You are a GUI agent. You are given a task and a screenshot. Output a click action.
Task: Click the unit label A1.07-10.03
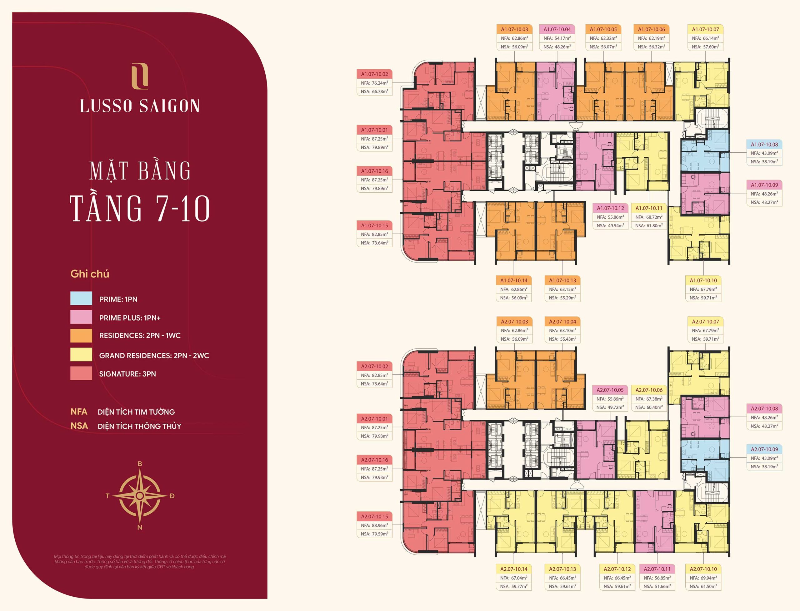pyautogui.click(x=514, y=29)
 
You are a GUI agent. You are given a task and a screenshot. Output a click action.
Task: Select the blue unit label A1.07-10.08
pyautogui.click(x=764, y=144)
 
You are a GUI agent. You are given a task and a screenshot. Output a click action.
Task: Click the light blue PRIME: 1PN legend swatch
pyautogui.click(x=81, y=298)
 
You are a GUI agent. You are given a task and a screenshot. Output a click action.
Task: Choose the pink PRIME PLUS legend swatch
pyautogui.click(x=81, y=317)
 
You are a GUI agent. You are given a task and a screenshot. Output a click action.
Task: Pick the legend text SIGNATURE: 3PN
pyautogui.click(x=127, y=374)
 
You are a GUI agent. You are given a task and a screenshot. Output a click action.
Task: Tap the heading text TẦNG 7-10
pyautogui.click(x=140, y=208)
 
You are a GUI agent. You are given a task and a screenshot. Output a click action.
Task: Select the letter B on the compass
pyautogui.click(x=140, y=464)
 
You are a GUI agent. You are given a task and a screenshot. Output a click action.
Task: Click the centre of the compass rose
pyautogui.click(x=140, y=496)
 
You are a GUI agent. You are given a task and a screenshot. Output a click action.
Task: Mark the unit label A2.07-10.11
pyautogui.click(x=657, y=569)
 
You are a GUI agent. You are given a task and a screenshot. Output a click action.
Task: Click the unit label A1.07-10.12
pyautogui.click(x=610, y=208)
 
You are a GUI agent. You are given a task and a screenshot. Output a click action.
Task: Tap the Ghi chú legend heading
pyautogui.click(x=90, y=274)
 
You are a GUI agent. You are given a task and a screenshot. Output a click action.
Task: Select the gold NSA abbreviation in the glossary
pyautogui.click(x=79, y=426)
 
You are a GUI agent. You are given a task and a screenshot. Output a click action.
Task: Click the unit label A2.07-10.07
pyautogui.click(x=705, y=322)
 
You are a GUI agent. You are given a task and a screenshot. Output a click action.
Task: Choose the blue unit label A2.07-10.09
pyautogui.click(x=764, y=449)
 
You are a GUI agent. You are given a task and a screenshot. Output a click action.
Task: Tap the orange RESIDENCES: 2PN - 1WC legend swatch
pyautogui.click(x=81, y=335)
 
